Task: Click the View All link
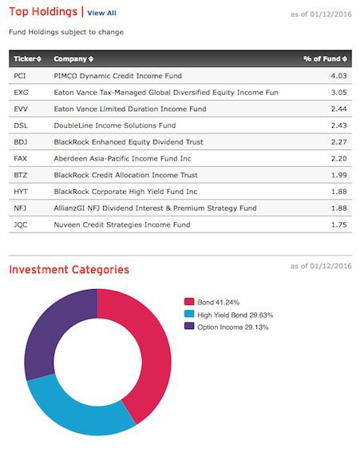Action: (x=101, y=13)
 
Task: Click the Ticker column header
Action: (x=28, y=59)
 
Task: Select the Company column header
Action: (x=73, y=59)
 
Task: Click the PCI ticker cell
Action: (x=21, y=76)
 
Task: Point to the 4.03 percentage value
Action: (x=339, y=76)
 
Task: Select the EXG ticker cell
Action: (x=22, y=93)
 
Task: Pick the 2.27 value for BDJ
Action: (x=339, y=142)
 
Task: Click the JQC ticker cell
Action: (x=22, y=225)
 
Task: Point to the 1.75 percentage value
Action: (x=339, y=225)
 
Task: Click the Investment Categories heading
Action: (x=69, y=270)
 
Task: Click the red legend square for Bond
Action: (x=189, y=302)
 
